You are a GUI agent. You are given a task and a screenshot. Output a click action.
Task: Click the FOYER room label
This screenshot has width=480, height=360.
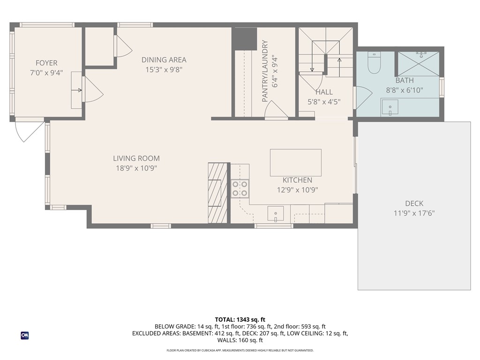pyautogui.click(x=46, y=63)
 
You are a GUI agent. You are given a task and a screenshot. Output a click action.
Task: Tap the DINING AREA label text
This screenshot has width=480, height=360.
pyautogui.click(x=164, y=60)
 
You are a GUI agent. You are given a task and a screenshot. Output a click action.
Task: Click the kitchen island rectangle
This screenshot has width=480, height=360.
pyautogui.click(x=296, y=162)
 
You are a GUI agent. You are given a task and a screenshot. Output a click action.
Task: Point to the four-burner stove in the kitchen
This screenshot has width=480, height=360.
pyautogui.click(x=240, y=188)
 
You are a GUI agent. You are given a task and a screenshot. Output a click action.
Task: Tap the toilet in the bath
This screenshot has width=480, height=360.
pyautogui.click(x=374, y=63)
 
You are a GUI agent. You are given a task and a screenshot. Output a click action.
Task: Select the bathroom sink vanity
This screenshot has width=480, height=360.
pyautogui.click(x=390, y=108)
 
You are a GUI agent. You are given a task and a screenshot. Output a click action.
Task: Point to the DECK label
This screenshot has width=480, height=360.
pyautogui.click(x=414, y=203)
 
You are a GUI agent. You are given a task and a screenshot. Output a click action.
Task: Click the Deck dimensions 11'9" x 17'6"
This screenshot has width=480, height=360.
pyautogui.click(x=414, y=213)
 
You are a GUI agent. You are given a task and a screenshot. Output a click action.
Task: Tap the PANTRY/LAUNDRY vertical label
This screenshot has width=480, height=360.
pyautogui.click(x=265, y=71)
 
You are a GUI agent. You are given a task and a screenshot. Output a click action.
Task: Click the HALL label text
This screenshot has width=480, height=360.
pyautogui.click(x=324, y=92)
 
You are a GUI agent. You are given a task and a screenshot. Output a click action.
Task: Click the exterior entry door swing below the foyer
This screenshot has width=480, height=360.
pyautogui.click(x=28, y=131)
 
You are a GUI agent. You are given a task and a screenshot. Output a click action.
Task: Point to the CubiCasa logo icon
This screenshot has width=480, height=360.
pyautogui.click(x=24, y=336)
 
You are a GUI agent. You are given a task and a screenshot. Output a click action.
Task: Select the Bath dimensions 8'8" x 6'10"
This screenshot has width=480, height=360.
pyautogui.click(x=405, y=90)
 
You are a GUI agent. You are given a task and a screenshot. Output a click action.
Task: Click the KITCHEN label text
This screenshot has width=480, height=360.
pyautogui.click(x=297, y=180)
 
